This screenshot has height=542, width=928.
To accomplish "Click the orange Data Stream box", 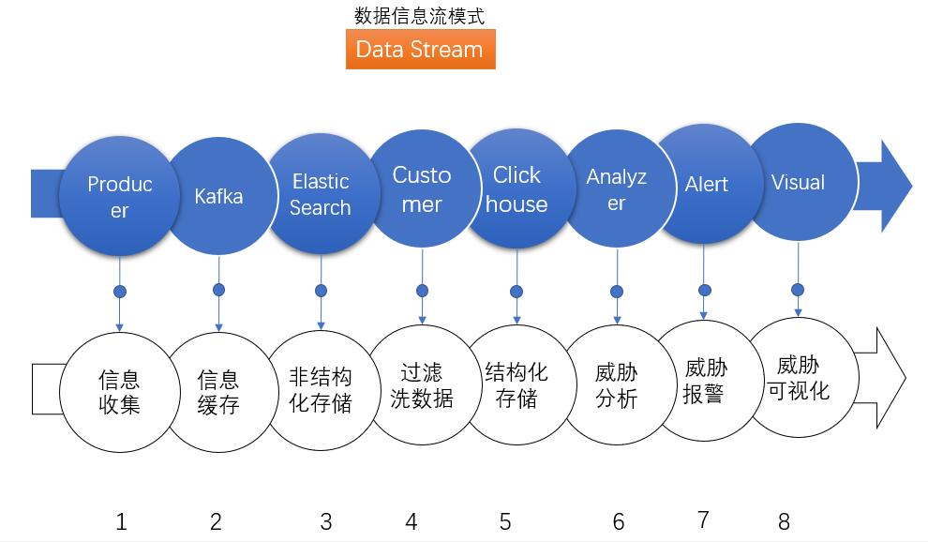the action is click(420, 49).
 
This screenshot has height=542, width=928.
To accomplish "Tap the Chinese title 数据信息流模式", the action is click(419, 15).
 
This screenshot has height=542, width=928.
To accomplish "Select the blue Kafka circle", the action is click(220, 196).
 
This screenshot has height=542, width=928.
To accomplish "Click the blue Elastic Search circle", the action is click(322, 194).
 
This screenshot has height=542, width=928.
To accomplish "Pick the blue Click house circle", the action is click(517, 189).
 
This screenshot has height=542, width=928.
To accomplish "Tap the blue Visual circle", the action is click(800, 182).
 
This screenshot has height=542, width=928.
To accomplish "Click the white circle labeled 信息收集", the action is click(120, 392).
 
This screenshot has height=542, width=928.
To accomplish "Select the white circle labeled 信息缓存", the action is click(220, 392).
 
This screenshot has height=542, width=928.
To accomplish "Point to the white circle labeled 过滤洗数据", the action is click(422, 385).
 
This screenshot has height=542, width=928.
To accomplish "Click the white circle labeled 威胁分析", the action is click(618, 385).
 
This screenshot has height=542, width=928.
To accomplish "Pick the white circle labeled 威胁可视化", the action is click(800, 377).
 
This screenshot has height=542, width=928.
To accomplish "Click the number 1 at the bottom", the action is click(121, 522).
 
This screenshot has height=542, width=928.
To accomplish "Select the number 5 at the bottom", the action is click(505, 522).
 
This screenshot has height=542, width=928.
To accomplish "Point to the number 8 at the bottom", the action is click(785, 522).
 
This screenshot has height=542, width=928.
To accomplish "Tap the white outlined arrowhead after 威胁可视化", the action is click(885, 377).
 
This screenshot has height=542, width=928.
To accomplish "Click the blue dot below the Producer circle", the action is click(120, 292).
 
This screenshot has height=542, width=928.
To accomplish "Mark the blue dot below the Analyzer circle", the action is click(617, 292).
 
